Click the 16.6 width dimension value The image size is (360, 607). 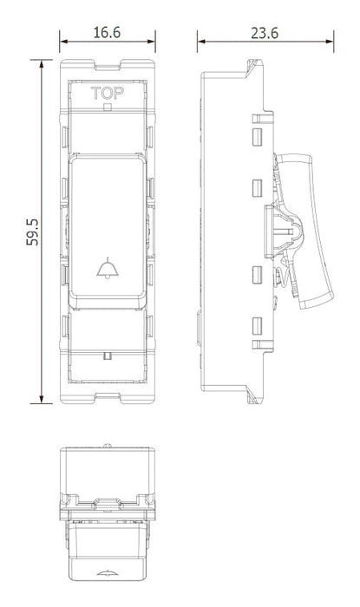pos(107,33)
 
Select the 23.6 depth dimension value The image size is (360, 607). pos(265,33)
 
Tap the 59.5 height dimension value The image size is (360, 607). pos(32,232)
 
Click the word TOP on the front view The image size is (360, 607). pos(108,94)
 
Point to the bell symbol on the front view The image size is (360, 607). pos(108,268)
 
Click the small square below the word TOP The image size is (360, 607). pos(108,108)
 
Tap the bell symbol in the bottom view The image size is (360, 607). pos(108,573)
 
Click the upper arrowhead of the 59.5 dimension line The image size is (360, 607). pos(42,64)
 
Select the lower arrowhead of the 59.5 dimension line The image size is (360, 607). pos(42,399)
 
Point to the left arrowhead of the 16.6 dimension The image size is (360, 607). pos(64,42)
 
